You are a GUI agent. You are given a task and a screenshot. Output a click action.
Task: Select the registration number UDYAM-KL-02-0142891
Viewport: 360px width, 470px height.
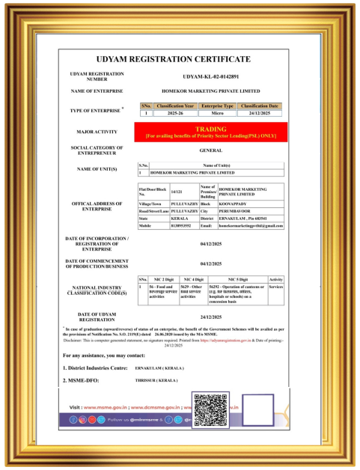pyautogui.click(x=222, y=76)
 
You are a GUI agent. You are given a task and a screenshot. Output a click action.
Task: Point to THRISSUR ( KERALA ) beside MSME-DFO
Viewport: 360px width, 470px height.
pyautogui.click(x=158, y=380)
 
